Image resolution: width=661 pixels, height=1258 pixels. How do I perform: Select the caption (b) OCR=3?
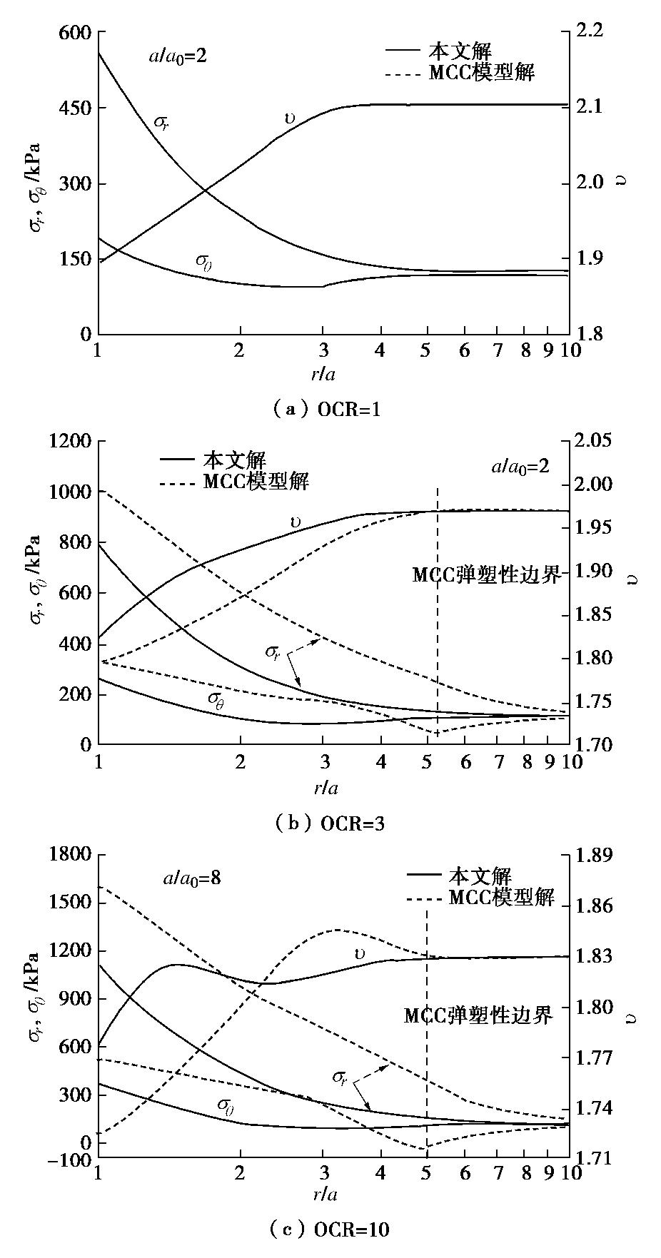330,823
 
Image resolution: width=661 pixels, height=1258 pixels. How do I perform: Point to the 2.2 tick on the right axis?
590,31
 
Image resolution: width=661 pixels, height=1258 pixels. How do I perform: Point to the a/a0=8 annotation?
191,878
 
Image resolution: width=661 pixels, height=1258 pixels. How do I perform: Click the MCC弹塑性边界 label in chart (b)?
487,575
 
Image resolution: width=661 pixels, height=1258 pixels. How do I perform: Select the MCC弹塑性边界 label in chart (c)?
478,1015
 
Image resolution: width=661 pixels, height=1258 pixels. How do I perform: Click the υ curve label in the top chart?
289,118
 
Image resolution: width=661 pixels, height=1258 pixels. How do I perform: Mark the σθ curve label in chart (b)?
220,698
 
